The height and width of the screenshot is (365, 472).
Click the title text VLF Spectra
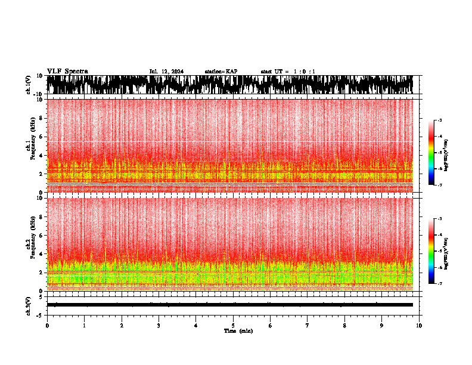pos(67,71)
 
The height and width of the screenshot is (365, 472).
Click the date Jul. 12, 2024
pos(166,72)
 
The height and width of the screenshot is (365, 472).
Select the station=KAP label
pos(221,72)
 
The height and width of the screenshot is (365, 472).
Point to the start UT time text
pos(288,72)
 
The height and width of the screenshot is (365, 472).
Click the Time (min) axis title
pos(238,330)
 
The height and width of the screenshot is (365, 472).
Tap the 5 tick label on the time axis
pos(233,325)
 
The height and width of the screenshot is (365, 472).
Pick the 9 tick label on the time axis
pos(382,325)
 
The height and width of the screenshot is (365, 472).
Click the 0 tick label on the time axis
pos(47,325)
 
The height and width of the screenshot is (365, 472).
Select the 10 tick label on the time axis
pos(419,325)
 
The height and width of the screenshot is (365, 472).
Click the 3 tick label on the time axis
pos(159,325)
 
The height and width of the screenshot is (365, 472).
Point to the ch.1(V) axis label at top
pos(29,85)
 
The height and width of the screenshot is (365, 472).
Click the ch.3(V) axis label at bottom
pos(29,304)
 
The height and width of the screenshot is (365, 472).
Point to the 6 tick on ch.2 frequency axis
pos(41,235)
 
